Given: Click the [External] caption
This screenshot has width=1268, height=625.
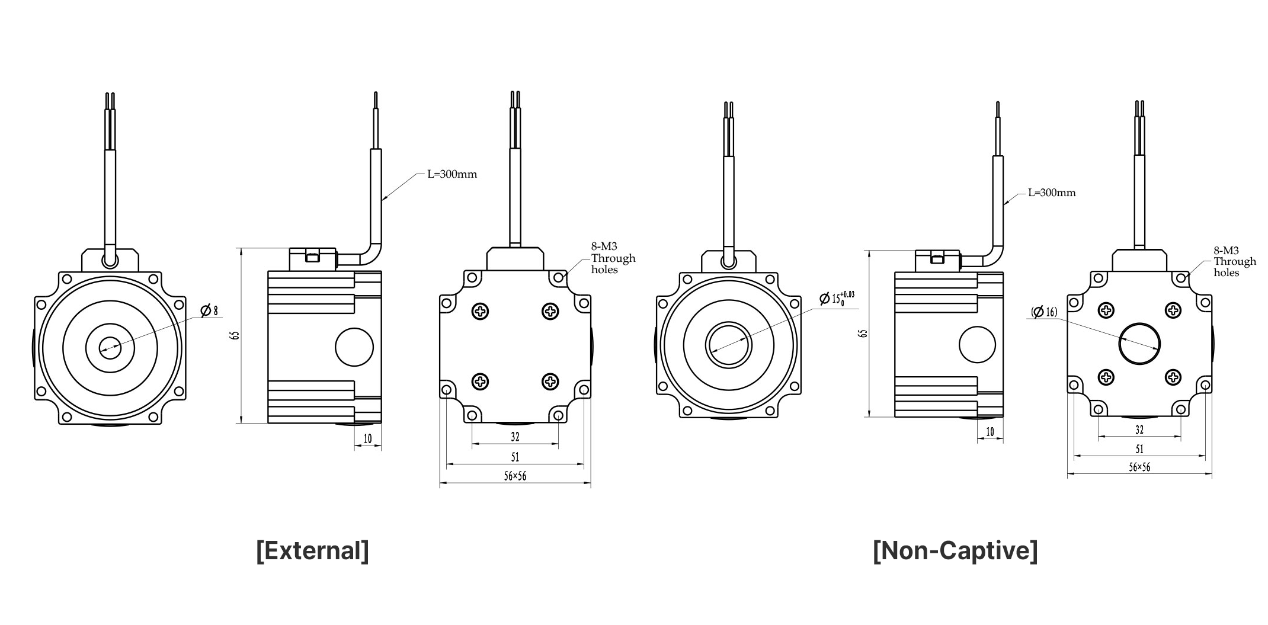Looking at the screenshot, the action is tap(312, 550).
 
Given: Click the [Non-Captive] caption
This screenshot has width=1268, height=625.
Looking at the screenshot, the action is tap(955, 550).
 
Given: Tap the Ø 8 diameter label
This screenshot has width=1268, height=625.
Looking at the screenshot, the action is tap(209, 310).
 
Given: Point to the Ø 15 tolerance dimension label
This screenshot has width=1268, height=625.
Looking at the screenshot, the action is tap(837, 298).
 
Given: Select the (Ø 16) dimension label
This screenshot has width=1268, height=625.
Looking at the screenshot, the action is tap(1044, 312).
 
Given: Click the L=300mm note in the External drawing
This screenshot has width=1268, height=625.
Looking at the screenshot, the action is tap(452, 174).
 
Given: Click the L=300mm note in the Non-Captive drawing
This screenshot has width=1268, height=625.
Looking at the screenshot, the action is tap(1052, 193).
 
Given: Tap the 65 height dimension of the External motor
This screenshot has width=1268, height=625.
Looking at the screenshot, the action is tap(236, 335).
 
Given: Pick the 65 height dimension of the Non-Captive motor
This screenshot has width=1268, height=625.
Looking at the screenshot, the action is tap(863, 334).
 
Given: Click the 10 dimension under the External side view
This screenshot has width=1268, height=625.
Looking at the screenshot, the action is tap(368, 438).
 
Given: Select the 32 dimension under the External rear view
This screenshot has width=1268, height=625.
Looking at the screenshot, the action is tap(515, 437).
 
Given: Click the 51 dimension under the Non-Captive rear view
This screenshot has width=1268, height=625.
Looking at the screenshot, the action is tap(1139, 449).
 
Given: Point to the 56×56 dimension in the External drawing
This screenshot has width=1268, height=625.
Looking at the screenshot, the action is tap(515, 476).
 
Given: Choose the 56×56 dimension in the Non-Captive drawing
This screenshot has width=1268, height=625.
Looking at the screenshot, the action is tap(1139, 467).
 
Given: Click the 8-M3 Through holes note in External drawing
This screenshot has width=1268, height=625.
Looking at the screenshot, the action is tap(613, 258).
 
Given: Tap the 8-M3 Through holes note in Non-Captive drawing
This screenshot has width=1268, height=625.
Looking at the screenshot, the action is tap(1235, 261).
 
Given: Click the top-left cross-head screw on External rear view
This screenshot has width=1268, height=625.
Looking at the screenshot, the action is tap(481, 311).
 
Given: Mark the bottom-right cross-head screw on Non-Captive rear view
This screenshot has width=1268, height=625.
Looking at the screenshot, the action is tap(1173, 377).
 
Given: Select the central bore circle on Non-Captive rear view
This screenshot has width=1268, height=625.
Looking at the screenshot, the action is tap(1139, 344).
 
